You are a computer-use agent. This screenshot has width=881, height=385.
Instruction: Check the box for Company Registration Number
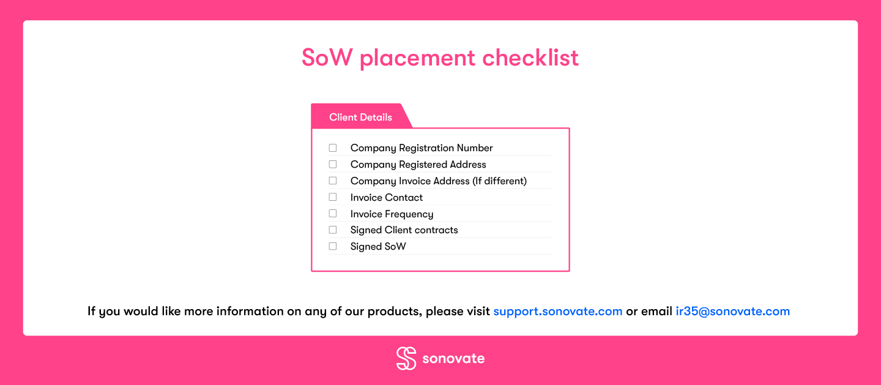tap(333, 148)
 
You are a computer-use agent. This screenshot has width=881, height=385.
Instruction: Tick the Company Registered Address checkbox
tap(333, 164)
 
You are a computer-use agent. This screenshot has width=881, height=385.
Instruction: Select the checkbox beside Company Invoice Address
tap(333, 181)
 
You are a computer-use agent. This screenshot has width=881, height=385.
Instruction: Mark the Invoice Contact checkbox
tap(333, 197)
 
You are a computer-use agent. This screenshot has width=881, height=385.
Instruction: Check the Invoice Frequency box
tap(333, 214)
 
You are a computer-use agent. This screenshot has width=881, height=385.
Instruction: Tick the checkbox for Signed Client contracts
tap(333, 230)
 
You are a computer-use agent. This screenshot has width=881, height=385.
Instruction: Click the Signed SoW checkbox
tap(333, 247)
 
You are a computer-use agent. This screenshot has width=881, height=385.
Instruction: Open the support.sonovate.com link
tap(558, 312)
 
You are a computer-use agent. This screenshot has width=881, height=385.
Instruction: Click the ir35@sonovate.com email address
tap(733, 312)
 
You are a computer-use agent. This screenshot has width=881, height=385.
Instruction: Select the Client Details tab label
tap(361, 118)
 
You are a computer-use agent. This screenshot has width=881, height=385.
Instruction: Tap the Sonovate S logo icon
tap(406, 358)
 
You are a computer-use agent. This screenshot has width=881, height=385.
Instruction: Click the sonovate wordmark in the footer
tap(453, 359)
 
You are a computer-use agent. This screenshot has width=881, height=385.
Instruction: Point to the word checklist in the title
tap(530, 58)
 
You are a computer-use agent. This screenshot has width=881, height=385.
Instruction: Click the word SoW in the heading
tap(327, 58)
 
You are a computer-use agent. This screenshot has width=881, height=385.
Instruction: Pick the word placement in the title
tap(417, 59)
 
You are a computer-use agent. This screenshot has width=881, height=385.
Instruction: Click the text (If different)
tap(499, 181)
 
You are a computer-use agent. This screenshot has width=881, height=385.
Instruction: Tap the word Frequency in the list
tap(409, 214)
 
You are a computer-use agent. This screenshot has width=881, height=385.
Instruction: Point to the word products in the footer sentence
tap(395, 312)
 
